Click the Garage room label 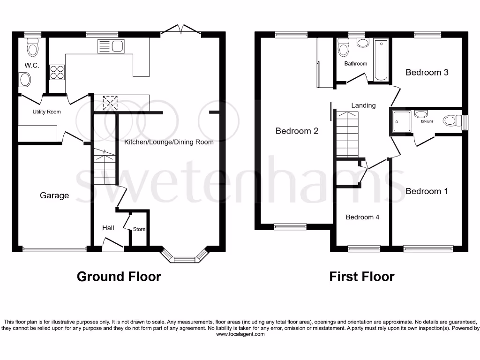tap(54, 195)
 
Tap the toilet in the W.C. tap(32, 48)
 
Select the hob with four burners tap(57, 72)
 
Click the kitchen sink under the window tap(110, 46)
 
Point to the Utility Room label tap(46, 112)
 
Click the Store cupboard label tap(139, 229)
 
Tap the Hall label tap(108, 228)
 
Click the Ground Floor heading tap(119, 277)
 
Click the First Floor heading tap(361, 277)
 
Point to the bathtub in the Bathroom tap(380, 60)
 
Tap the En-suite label tap(427, 121)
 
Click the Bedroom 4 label tap(362, 217)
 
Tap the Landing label tap(363, 105)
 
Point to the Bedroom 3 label tap(427, 72)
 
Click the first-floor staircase tap(347, 134)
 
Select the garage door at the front tap(54, 249)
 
